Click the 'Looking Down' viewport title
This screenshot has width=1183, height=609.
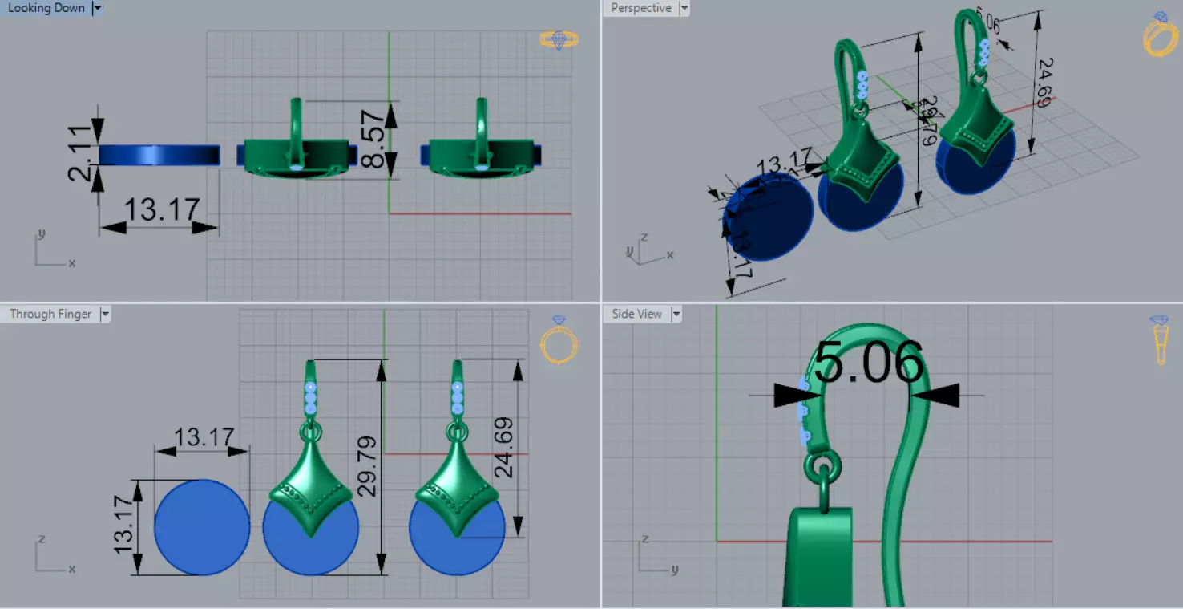tap(46, 8)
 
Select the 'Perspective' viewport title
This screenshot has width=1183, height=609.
tap(640, 8)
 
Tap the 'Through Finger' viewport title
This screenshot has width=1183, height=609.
tap(50, 314)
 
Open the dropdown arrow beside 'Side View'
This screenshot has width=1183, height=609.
tap(676, 314)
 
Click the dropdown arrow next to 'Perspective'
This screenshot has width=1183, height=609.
tap(684, 8)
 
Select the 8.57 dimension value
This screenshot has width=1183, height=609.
tap(372, 140)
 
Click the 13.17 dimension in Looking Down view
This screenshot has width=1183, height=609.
tap(161, 209)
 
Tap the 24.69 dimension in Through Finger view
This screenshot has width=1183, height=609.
tap(503, 447)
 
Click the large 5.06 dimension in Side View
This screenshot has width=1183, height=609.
tap(869, 363)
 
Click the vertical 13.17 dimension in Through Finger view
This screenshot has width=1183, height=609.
tap(123, 527)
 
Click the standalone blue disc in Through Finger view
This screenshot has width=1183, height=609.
tap(201, 527)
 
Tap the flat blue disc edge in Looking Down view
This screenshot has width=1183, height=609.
tap(159, 155)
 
